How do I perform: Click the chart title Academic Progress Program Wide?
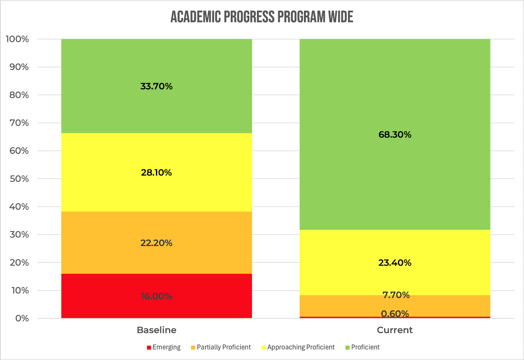262,17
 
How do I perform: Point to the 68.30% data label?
395,135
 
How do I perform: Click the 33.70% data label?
156,86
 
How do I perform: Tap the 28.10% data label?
156,172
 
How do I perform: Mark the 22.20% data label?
156,243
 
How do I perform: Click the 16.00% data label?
156,296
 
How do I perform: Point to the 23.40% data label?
395,263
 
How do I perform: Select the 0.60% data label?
395,313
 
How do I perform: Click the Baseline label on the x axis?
156,330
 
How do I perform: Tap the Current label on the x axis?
395,330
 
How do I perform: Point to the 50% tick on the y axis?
19,179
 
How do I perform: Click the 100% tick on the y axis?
17,39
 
